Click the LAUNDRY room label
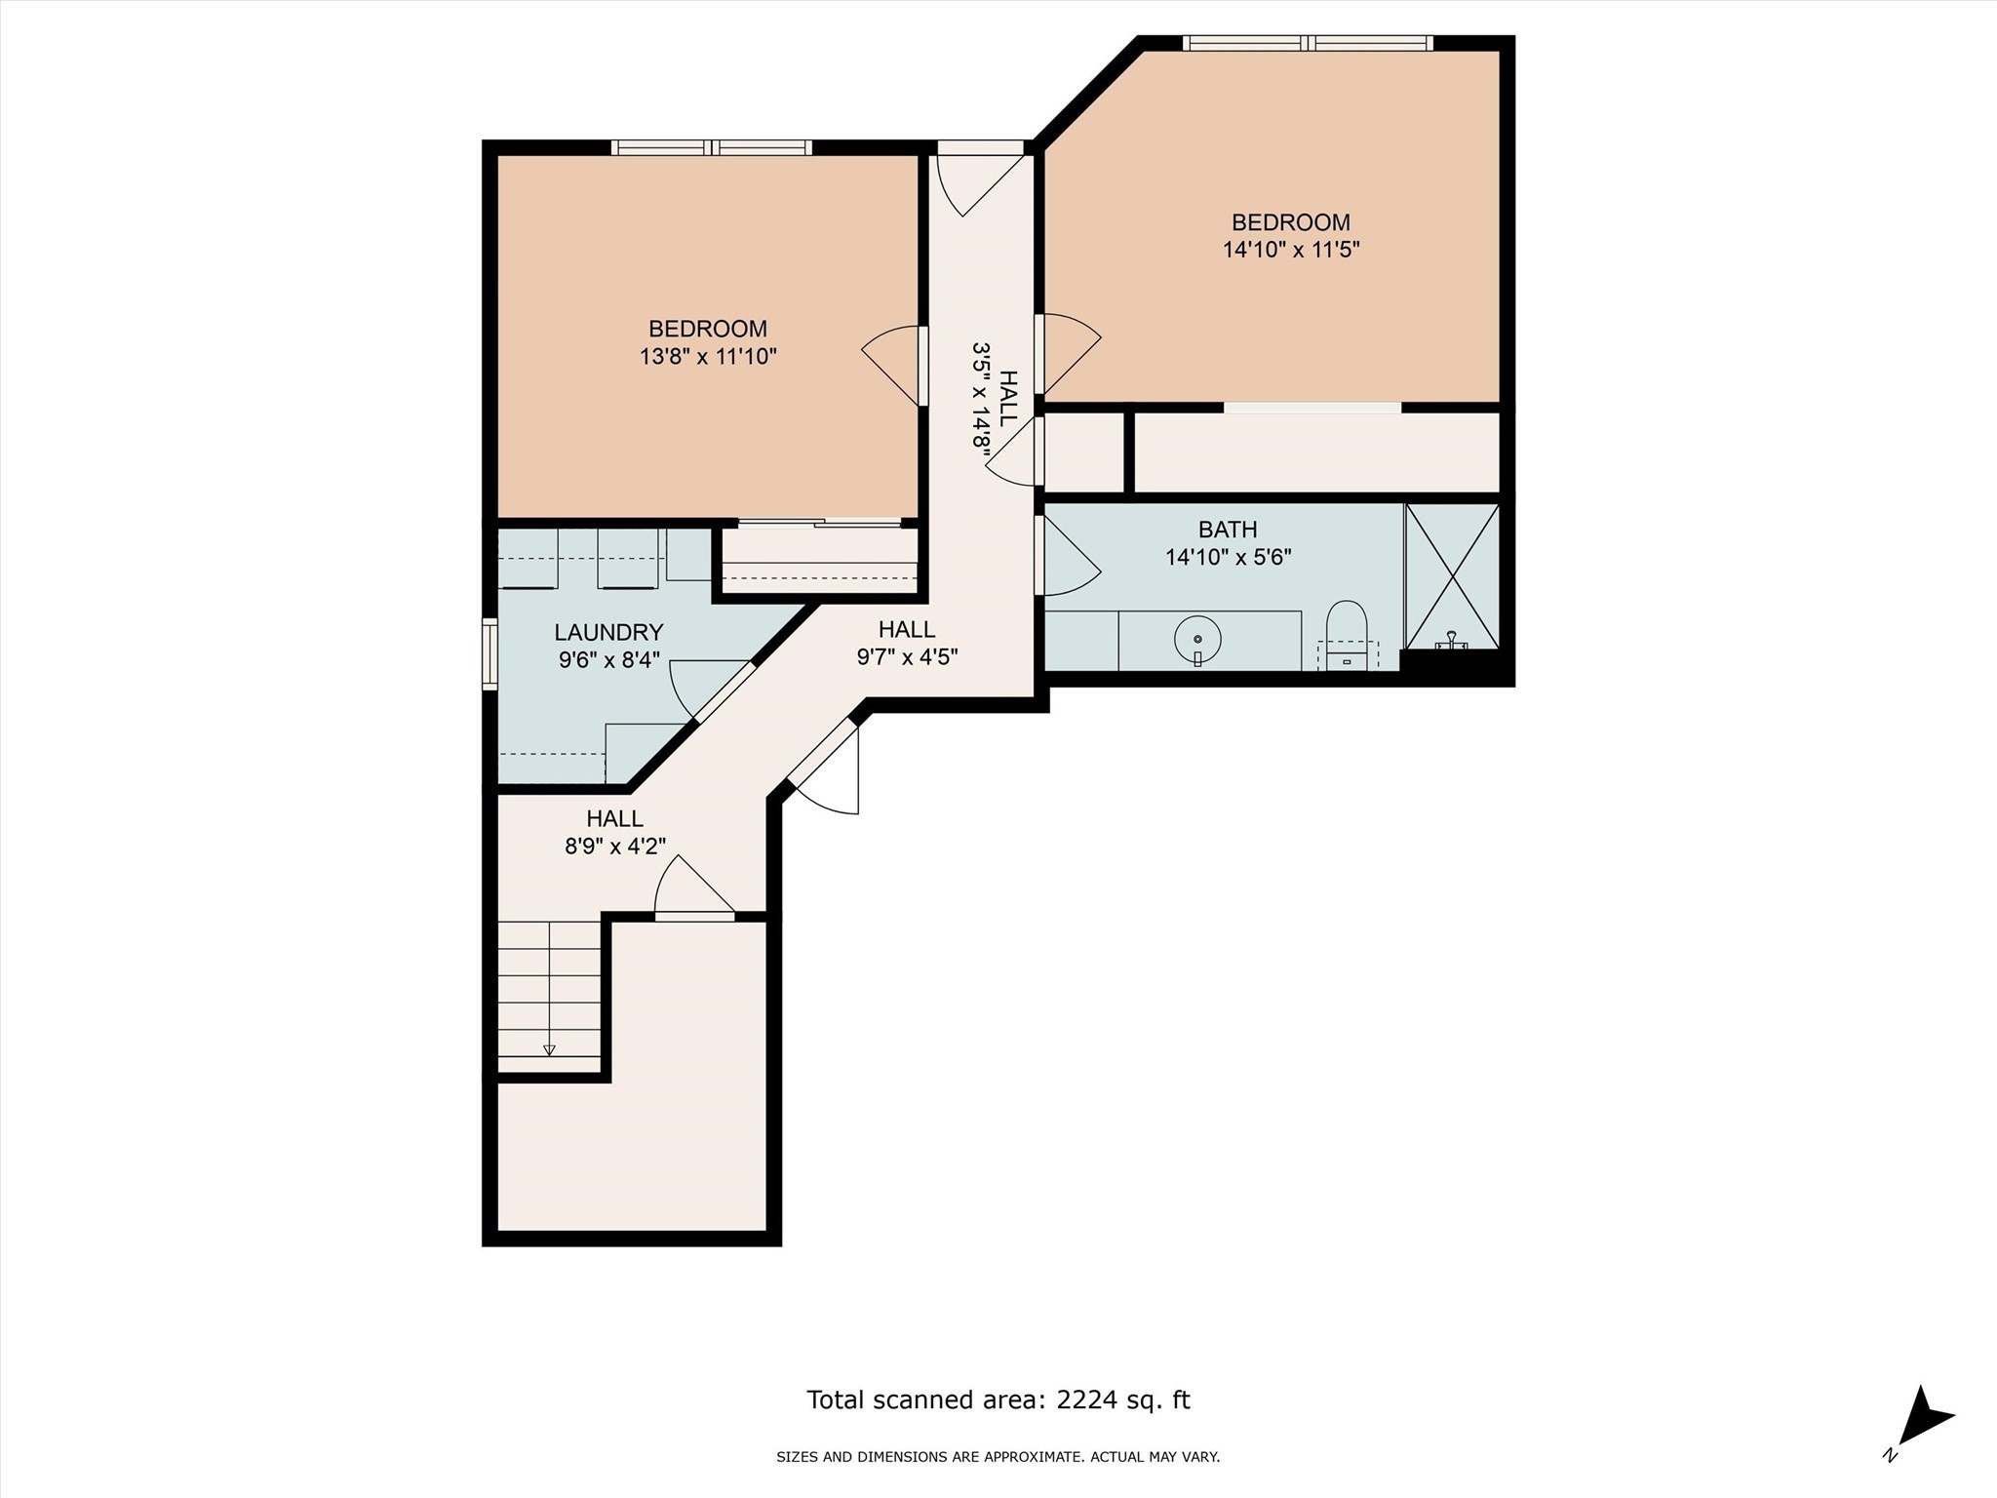pyautogui.click(x=608, y=632)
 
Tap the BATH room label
pyautogui.click(x=1228, y=530)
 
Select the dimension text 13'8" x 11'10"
pyautogui.click(x=708, y=357)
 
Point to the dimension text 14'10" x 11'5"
pyautogui.click(x=1291, y=250)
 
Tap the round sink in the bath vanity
pyautogui.click(x=1198, y=640)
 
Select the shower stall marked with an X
pyautogui.click(x=1452, y=576)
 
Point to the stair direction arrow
pyautogui.click(x=549, y=1049)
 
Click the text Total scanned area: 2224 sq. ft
pyautogui.click(x=998, y=1400)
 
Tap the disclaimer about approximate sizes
pyautogui.click(x=998, y=1457)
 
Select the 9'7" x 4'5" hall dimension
pyautogui.click(x=907, y=656)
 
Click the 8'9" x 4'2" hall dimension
pyautogui.click(x=615, y=846)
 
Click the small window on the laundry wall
pyautogui.click(x=490, y=655)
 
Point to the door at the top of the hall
pyautogui.click(x=978, y=181)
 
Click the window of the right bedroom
pyautogui.click(x=1307, y=43)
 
